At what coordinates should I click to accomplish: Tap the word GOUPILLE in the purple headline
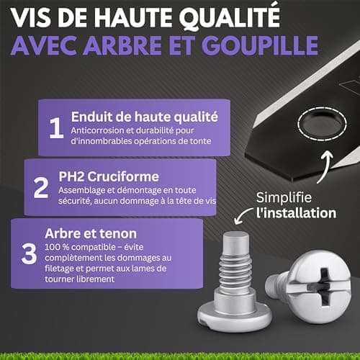260,45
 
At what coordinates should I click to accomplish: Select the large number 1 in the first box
56,128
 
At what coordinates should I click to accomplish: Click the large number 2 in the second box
41,187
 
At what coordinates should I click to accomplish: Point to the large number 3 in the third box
29,253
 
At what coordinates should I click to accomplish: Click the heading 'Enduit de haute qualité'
145,117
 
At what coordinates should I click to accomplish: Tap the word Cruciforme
123,177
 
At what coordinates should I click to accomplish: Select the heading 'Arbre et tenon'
91,233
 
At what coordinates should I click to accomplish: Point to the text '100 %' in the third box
57,247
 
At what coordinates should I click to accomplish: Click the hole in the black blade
322,124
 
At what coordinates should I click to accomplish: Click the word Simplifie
284,198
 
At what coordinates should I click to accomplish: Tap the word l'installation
296,213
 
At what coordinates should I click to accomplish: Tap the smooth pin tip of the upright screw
236,242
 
